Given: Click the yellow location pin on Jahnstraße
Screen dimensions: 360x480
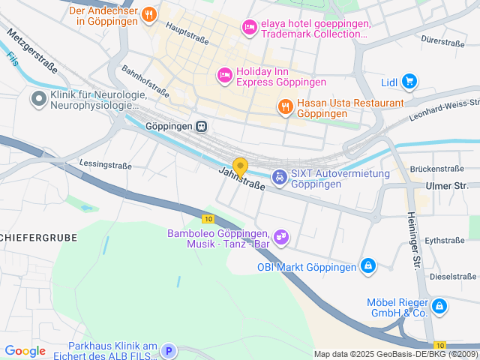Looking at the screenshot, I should coord(240,166).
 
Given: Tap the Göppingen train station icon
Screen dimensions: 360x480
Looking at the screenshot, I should coord(201,127).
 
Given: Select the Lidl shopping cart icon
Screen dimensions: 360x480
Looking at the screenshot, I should coord(409,81).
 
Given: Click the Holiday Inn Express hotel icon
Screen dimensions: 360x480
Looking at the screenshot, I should coord(223,75).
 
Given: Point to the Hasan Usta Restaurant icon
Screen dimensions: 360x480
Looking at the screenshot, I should coord(285,107).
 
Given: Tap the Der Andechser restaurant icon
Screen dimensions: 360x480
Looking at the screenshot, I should coord(149,14).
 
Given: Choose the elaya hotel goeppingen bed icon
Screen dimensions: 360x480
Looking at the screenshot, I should coord(249,27).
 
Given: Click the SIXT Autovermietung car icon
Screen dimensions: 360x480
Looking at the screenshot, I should coord(279,177).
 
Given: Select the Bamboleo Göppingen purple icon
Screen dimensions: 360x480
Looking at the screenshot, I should coord(281,238).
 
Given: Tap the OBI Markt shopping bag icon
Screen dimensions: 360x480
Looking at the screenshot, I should coord(367,266).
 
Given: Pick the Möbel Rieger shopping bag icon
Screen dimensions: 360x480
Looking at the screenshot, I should coord(439,306).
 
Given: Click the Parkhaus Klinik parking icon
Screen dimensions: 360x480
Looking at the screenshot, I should coord(169,350).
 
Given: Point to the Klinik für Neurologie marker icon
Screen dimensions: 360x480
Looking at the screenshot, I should coord(37,98).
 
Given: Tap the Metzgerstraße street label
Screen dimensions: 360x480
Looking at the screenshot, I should coord(32,52).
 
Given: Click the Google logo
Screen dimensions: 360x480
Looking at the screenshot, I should coord(25,351).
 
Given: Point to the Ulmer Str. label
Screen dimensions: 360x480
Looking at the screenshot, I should coord(446,185).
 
